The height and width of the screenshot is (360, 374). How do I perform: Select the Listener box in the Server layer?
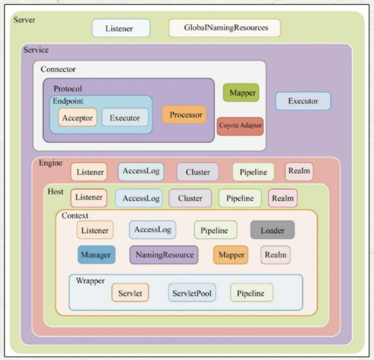(120, 28)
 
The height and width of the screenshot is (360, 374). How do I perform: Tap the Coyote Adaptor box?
(240, 126)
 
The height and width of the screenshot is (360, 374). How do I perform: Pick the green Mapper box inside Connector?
(241, 93)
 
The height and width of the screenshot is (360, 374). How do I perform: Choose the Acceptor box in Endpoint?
(77, 118)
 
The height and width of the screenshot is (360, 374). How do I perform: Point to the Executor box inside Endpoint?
(124, 118)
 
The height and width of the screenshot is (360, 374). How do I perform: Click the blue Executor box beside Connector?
(303, 101)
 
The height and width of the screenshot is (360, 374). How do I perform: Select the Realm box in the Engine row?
(300, 171)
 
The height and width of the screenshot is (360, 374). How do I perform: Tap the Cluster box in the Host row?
(190, 198)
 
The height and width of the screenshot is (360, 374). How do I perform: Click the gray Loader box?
(272, 230)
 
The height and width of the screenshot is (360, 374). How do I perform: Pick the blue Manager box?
(96, 255)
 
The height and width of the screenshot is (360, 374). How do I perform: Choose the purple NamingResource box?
(164, 255)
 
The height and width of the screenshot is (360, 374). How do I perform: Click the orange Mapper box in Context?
(231, 255)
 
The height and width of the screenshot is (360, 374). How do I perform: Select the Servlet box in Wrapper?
(130, 293)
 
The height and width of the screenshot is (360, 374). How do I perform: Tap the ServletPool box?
(192, 293)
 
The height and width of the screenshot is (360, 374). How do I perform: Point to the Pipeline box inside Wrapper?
(251, 293)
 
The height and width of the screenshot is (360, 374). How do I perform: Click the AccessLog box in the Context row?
(153, 230)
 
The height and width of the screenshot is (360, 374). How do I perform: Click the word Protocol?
(67, 89)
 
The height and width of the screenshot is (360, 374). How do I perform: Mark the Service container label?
(36, 50)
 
